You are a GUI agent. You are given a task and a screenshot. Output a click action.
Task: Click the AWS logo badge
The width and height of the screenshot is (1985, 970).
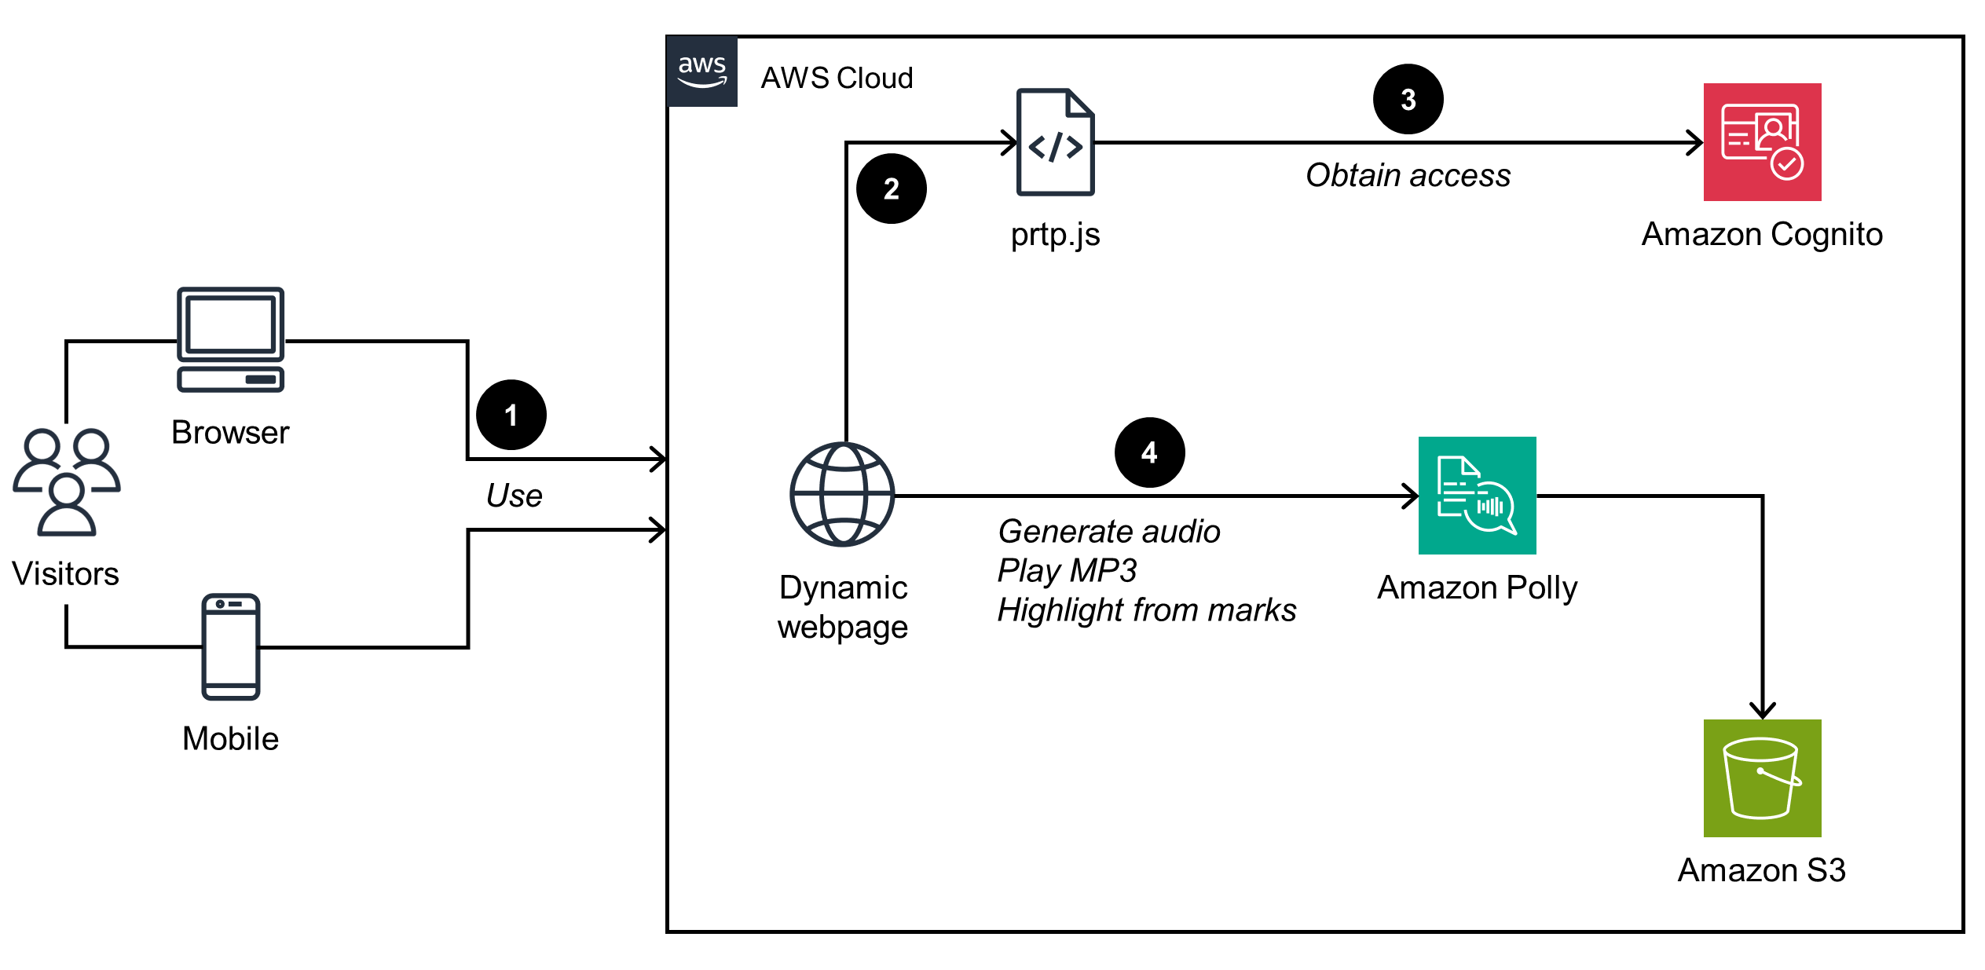(701, 71)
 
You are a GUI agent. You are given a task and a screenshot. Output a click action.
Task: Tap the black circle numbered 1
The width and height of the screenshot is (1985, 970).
(511, 415)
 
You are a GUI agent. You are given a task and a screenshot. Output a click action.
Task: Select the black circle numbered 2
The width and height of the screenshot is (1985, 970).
(891, 189)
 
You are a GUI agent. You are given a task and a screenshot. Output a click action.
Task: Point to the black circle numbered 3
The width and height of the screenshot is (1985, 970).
(1408, 99)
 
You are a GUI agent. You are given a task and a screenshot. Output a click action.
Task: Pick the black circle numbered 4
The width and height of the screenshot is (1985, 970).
(1149, 452)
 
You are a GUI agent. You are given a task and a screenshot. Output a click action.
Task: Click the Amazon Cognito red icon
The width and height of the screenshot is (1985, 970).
(1762, 142)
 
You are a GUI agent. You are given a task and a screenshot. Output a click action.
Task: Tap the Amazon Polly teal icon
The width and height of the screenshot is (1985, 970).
(1477, 496)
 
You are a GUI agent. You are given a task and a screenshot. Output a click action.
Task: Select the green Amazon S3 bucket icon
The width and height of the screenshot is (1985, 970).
(1762, 778)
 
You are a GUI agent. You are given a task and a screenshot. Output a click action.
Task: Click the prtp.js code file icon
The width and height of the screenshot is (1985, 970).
(1055, 142)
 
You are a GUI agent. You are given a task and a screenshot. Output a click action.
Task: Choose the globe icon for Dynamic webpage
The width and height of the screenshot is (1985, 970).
(842, 495)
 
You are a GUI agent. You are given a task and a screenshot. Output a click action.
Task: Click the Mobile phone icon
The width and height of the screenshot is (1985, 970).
(230, 646)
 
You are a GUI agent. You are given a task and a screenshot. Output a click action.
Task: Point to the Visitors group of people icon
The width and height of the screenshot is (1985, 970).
(67, 481)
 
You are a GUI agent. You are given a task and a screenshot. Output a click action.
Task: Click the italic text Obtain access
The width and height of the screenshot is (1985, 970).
(1408, 175)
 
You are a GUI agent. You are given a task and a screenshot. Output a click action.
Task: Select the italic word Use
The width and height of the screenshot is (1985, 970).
(514, 496)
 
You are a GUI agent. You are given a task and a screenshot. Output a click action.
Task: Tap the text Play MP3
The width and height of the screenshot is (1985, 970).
(1067, 570)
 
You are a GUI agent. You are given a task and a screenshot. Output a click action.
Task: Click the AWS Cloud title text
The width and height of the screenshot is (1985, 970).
(837, 78)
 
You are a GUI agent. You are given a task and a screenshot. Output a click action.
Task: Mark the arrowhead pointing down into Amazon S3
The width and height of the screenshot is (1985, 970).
(1763, 709)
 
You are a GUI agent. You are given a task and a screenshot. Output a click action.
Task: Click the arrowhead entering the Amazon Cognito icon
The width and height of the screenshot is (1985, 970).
(1694, 143)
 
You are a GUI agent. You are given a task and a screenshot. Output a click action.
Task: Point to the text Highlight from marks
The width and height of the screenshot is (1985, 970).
(1146, 610)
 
